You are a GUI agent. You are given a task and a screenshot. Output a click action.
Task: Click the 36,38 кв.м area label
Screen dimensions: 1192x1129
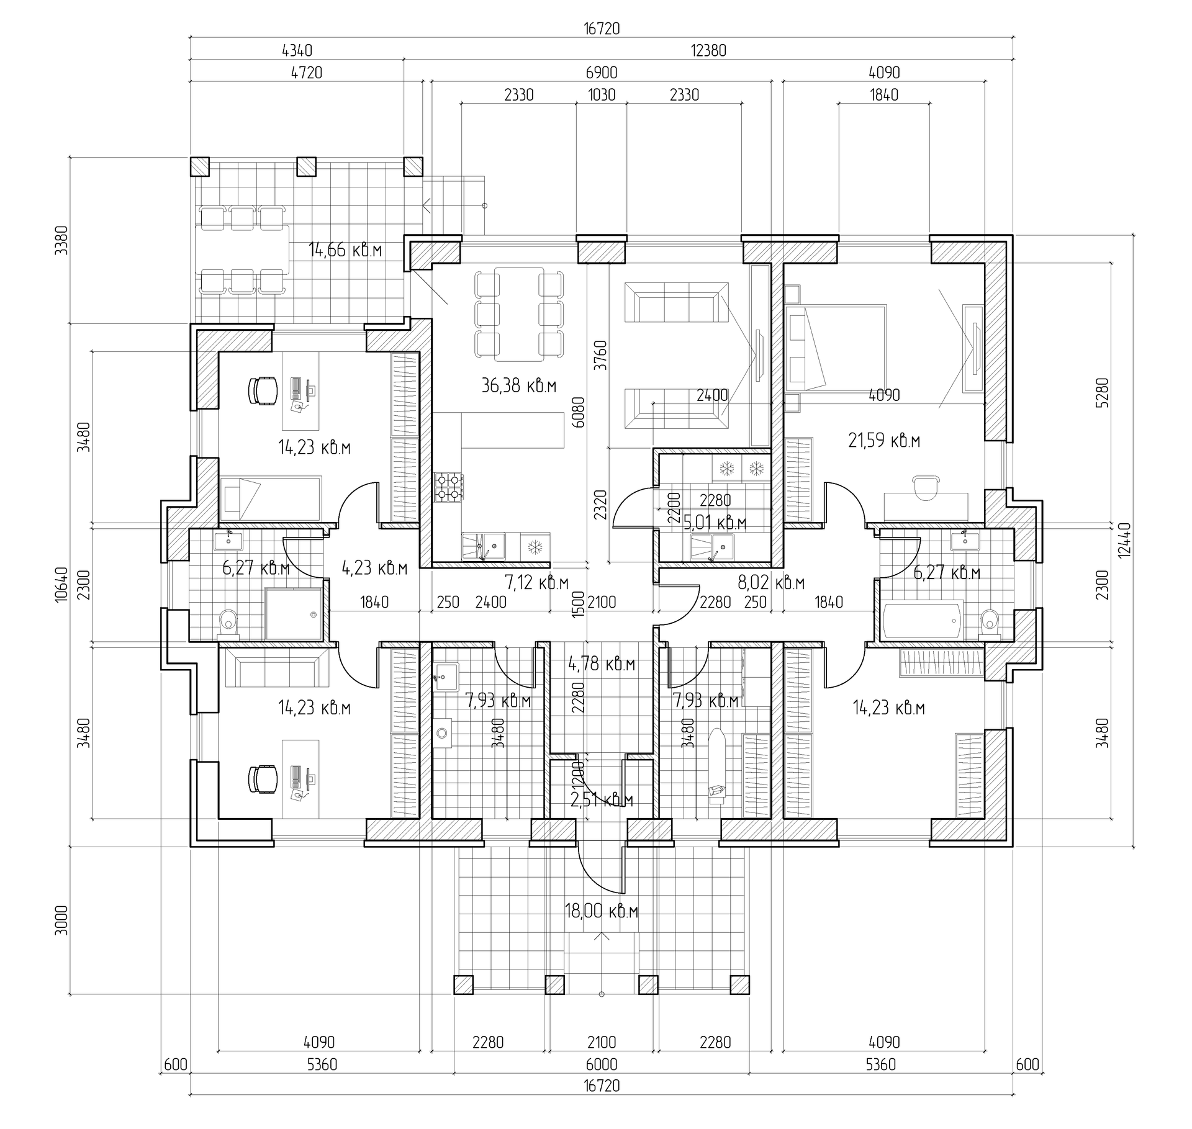pyautogui.click(x=518, y=385)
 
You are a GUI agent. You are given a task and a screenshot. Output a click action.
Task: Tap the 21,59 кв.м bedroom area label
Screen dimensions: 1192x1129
pyautogui.click(x=883, y=441)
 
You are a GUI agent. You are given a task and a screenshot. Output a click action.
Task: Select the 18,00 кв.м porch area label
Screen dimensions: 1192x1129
pyautogui.click(x=601, y=911)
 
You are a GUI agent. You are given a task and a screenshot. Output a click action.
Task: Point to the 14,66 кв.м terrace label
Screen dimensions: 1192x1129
pyautogui.click(x=345, y=250)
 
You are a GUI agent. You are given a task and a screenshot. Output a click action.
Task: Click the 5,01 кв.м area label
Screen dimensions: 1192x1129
pyautogui.click(x=715, y=523)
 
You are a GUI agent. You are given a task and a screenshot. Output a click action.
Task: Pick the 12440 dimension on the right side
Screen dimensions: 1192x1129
pyautogui.click(x=1123, y=540)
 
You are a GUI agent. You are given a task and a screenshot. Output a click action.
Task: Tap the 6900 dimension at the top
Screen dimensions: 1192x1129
pyautogui.click(x=601, y=73)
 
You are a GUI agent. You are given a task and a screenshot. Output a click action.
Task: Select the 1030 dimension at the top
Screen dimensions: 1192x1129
pyautogui.click(x=601, y=95)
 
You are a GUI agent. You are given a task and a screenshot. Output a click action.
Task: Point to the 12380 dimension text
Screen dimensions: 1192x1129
pyautogui.click(x=708, y=51)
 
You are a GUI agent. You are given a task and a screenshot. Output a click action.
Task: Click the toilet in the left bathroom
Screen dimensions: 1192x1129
pyautogui.click(x=228, y=623)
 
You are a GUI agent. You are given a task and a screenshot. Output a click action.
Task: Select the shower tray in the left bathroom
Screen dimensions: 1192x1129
pyautogui.click(x=294, y=614)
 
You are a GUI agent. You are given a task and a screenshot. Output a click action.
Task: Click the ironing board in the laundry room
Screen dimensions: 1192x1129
pyautogui.click(x=717, y=767)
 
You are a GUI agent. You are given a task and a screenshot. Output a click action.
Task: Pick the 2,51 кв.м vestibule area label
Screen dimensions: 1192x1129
pyautogui.click(x=601, y=800)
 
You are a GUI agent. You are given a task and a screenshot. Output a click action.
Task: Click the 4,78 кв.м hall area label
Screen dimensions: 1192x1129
pyautogui.click(x=601, y=664)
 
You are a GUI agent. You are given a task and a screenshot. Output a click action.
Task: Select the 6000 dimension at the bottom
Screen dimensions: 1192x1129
pyautogui.click(x=601, y=1065)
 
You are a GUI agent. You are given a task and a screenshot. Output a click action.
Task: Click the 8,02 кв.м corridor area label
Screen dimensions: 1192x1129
pyautogui.click(x=770, y=583)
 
